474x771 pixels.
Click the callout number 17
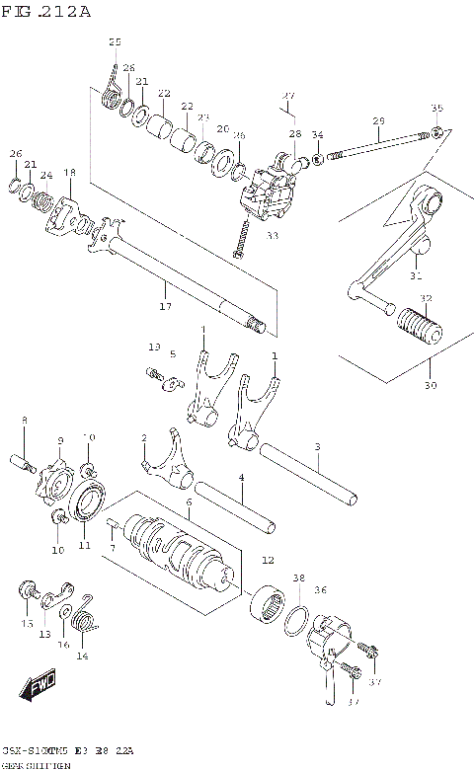click(165, 307)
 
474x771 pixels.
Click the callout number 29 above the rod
click(378, 121)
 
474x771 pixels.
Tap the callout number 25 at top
click(115, 41)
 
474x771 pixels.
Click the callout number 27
click(287, 96)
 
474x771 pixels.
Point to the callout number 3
click(317, 447)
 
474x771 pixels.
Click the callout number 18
click(69, 173)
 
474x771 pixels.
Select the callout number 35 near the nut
click(436, 108)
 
